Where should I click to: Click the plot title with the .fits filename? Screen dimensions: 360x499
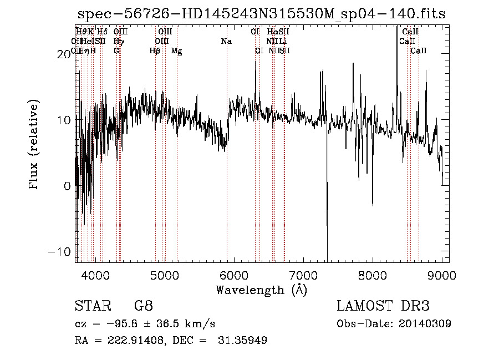pyautogui.click(x=261, y=14)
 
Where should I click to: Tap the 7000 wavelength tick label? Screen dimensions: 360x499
pyautogui.click(x=303, y=275)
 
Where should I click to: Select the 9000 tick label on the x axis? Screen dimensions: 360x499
pyautogui.click(x=442, y=275)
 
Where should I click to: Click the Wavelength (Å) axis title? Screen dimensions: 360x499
pyautogui.click(x=261, y=290)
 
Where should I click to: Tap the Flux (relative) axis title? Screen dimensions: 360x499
pyautogui.click(x=34, y=145)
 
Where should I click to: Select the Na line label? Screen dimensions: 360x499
pyautogui.click(x=226, y=41)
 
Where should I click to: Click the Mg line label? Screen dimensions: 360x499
pyautogui.click(x=176, y=51)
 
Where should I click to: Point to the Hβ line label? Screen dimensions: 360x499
pyautogui.click(x=155, y=51)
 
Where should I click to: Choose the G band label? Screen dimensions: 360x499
pyautogui.click(x=116, y=51)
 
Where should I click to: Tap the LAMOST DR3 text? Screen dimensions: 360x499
pyautogui.click(x=383, y=306)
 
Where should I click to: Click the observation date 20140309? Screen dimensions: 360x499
pyautogui.click(x=424, y=324)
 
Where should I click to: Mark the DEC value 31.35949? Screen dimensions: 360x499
pyautogui.click(x=244, y=341)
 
